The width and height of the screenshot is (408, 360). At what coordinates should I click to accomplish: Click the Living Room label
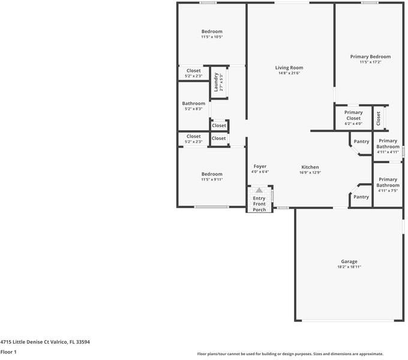[x=289, y=68]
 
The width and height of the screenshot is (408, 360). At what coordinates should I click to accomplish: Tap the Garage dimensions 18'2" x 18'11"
[x=349, y=267]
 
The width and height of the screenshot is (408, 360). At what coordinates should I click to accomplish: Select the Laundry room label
[x=216, y=82]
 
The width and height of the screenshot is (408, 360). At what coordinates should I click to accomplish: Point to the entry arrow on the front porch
[x=259, y=190]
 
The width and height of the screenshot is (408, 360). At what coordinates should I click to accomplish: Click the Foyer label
[x=260, y=166]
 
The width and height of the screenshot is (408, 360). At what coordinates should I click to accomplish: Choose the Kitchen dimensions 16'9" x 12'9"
[x=310, y=172]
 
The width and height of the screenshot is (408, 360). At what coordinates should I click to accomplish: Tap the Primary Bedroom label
[x=370, y=56]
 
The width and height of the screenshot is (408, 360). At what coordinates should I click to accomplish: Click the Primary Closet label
[x=353, y=115]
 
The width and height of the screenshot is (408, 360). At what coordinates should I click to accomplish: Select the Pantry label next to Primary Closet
[x=361, y=141]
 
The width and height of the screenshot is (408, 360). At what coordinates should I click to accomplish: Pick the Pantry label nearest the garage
[x=361, y=197]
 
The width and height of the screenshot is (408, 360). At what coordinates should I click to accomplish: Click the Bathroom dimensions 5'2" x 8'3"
[x=194, y=109]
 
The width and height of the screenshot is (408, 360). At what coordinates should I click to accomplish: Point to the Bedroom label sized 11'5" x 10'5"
[x=212, y=31]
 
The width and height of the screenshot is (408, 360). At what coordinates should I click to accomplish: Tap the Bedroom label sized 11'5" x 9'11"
[x=212, y=174]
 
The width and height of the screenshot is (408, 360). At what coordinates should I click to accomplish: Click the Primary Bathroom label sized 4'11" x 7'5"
[x=388, y=182]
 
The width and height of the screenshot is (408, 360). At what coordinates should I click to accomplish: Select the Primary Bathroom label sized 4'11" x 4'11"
[x=388, y=143]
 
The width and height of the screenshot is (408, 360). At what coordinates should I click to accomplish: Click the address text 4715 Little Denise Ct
[x=25, y=342]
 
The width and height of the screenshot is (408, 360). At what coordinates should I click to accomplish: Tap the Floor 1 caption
[x=8, y=352]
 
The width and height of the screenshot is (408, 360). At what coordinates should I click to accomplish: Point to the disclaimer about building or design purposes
[x=290, y=354]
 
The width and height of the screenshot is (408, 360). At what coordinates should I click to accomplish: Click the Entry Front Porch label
[x=259, y=204]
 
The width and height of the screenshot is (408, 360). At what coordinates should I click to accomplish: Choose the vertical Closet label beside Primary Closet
[x=379, y=118]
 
